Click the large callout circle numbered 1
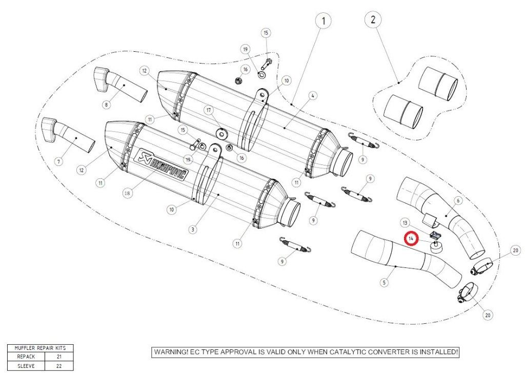pos(323,22)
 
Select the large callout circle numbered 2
pos(373,20)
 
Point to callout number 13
pos(405,223)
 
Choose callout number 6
pos(458,200)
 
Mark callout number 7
pos(58,162)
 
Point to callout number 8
pos(107,105)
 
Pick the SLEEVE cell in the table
pos(26,366)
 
